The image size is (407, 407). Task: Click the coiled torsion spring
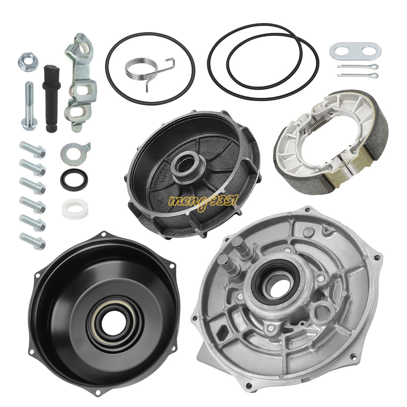[x=138, y=69]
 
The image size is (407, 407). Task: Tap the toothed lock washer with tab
[x=74, y=151]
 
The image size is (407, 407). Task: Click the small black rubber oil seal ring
[x=74, y=180]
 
